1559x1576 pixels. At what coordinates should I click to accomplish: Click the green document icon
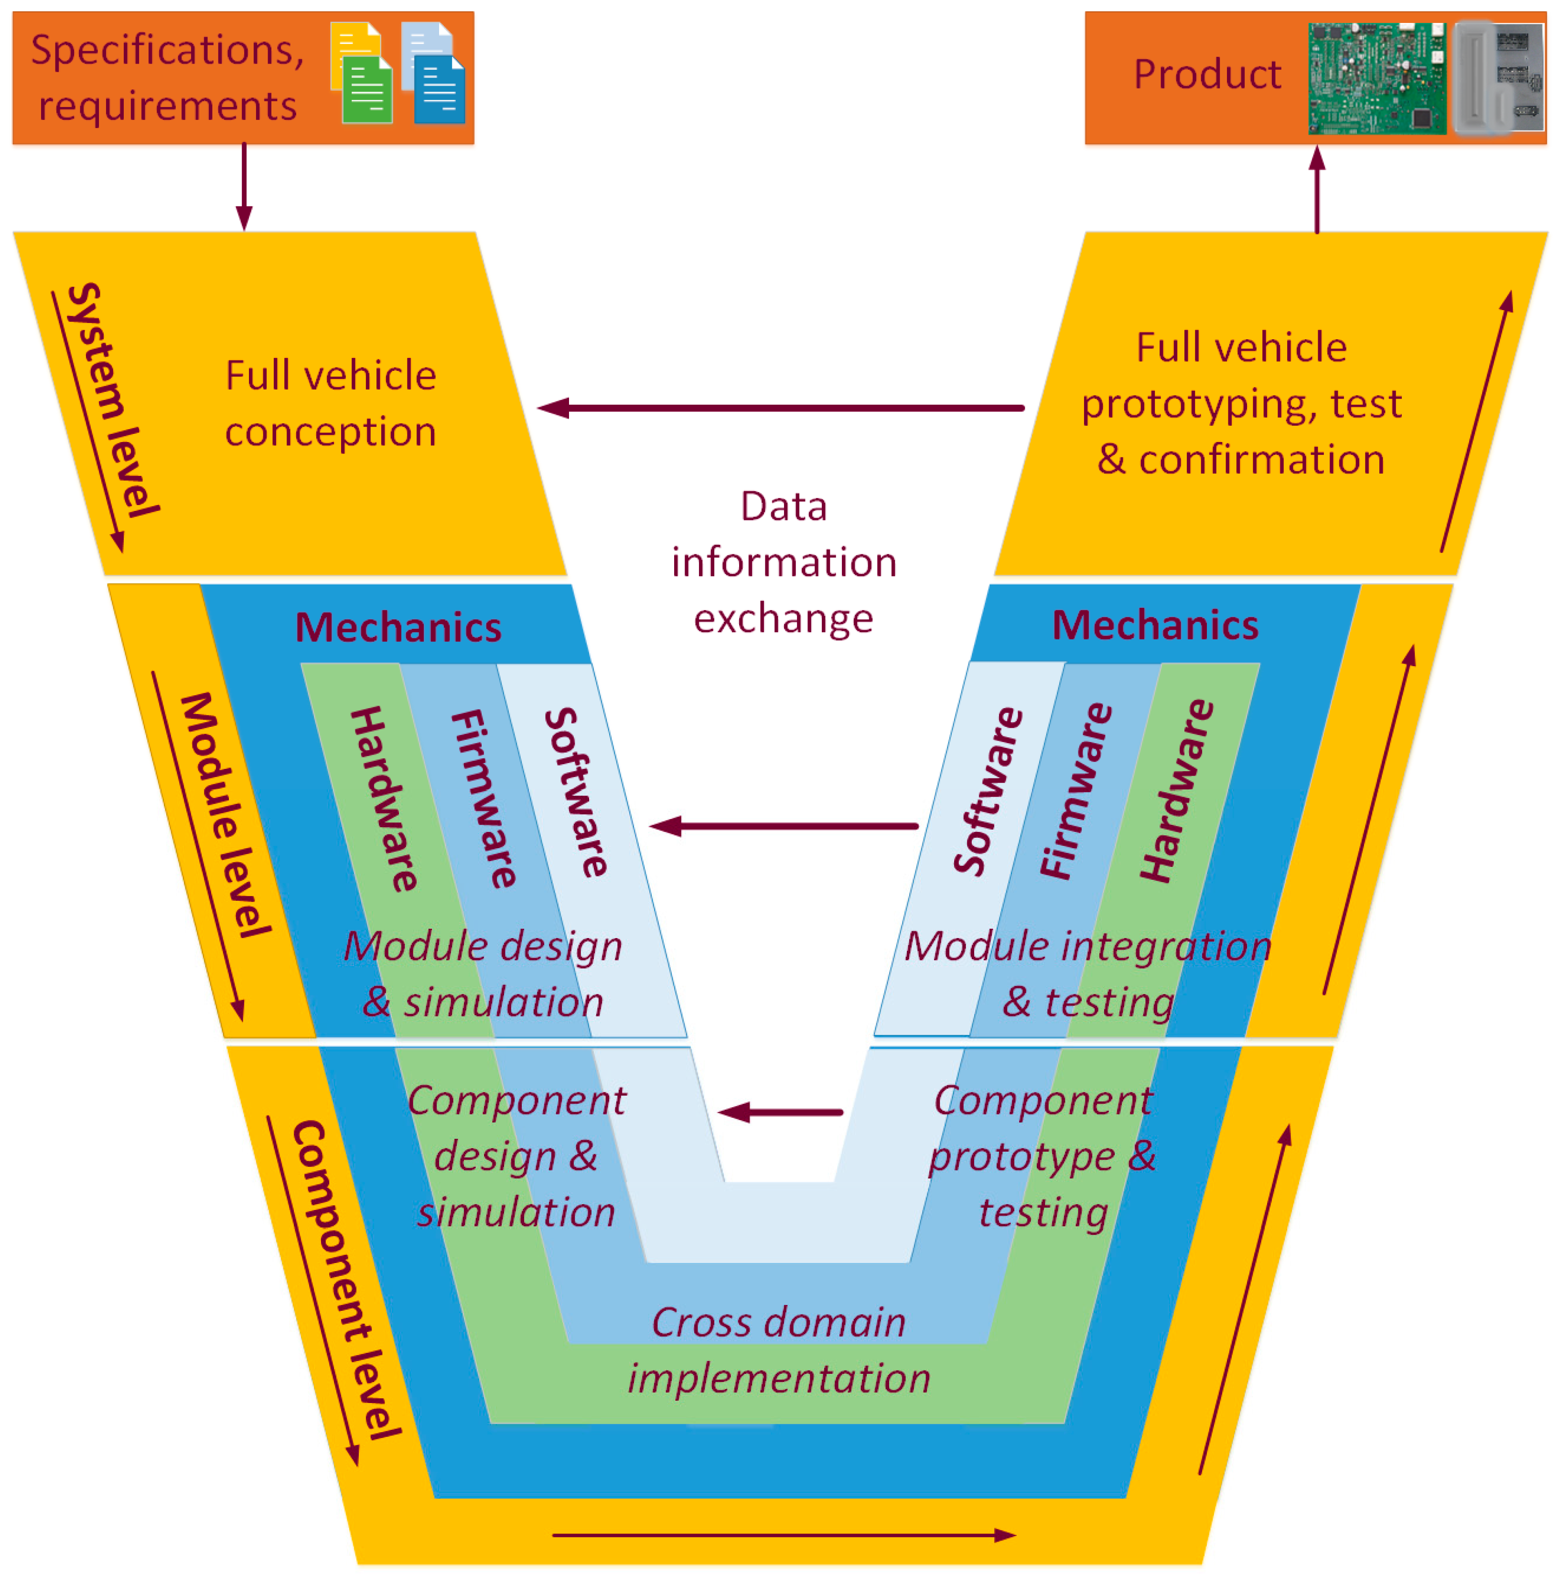(366, 90)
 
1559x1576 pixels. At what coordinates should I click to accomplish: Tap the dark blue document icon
(439, 90)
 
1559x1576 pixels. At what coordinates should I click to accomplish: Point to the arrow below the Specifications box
(244, 188)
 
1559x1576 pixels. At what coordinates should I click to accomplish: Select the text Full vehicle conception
(331, 403)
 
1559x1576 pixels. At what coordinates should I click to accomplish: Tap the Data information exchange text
(783, 562)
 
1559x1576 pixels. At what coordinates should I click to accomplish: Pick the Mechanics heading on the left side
(398, 627)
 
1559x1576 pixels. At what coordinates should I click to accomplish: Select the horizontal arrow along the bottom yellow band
(783, 1535)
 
